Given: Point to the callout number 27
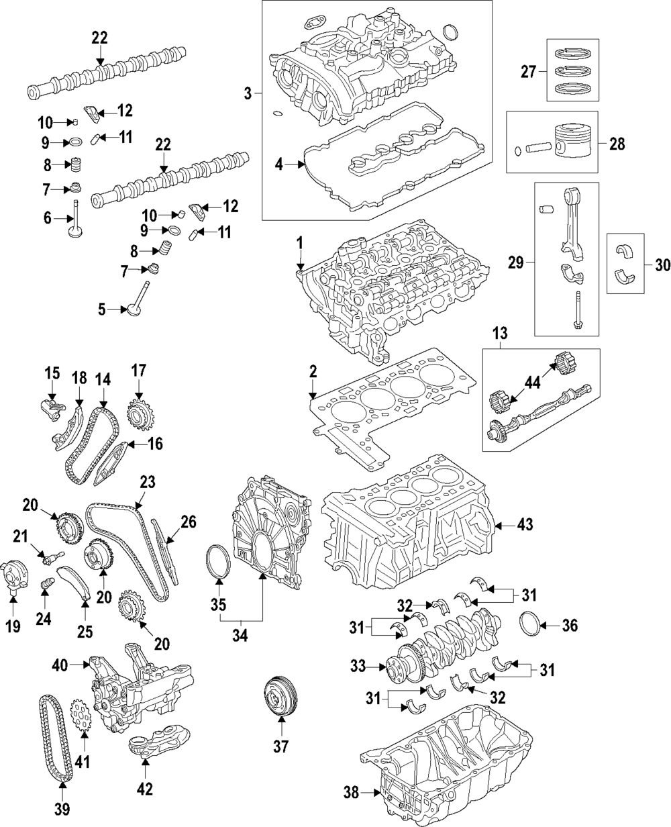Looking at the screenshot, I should [529, 70].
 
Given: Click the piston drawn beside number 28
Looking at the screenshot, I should [568, 142].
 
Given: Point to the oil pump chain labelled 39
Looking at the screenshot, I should [53, 738].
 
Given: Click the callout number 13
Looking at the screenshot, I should [500, 334].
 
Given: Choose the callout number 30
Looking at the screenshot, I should [662, 265].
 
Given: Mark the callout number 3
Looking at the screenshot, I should [248, 93].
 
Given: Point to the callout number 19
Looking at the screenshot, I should [13, 626].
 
